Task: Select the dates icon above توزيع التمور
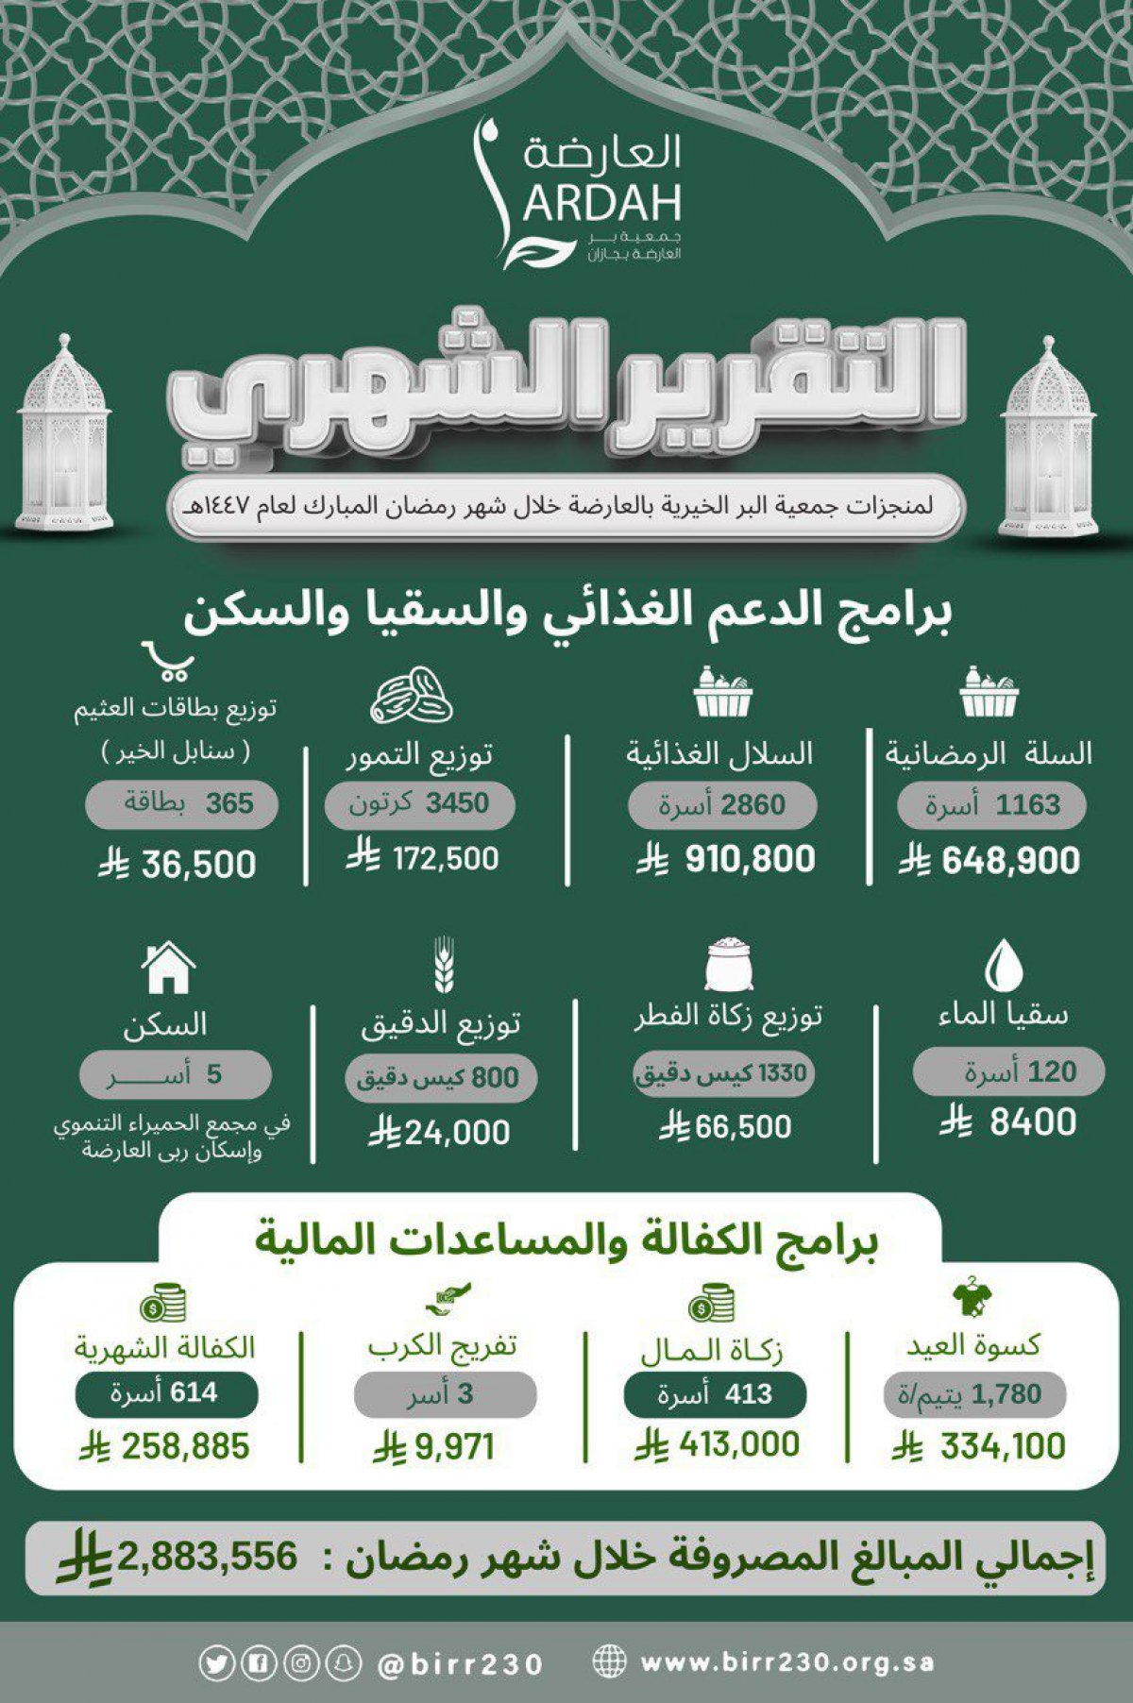click(x=412, y=697)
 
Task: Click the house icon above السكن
click(x=167, y=968)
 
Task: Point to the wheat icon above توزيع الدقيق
click(x=443, y=965)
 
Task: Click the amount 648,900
click(x=1010, y=861)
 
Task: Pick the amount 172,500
click(x=445, y=858)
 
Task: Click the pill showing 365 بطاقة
click(x=182, y=804)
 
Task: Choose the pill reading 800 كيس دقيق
click(x=440, y=1077)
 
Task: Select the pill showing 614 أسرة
click(x=166, y=1393)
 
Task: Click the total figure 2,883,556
click(x=207, y=1557)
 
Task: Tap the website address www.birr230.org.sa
click(x=786, y=1662)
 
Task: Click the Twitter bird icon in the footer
click(x=215, y=1663)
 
